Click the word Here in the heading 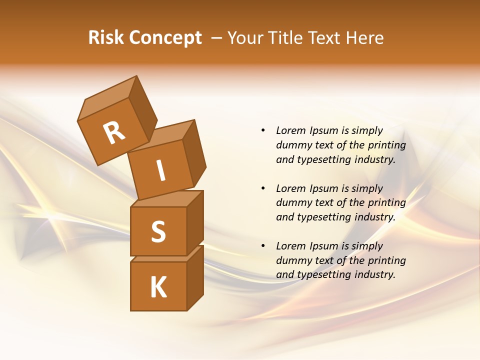[366, 38]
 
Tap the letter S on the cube [158, 231]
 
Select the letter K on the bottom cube [158, 287]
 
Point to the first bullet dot [263, 130]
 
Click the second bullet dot [263, 188]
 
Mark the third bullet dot [263, 246]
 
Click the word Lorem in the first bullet [290, 130]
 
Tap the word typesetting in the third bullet [323, 274]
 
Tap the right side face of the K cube [195, 277]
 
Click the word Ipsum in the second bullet [325, 188]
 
